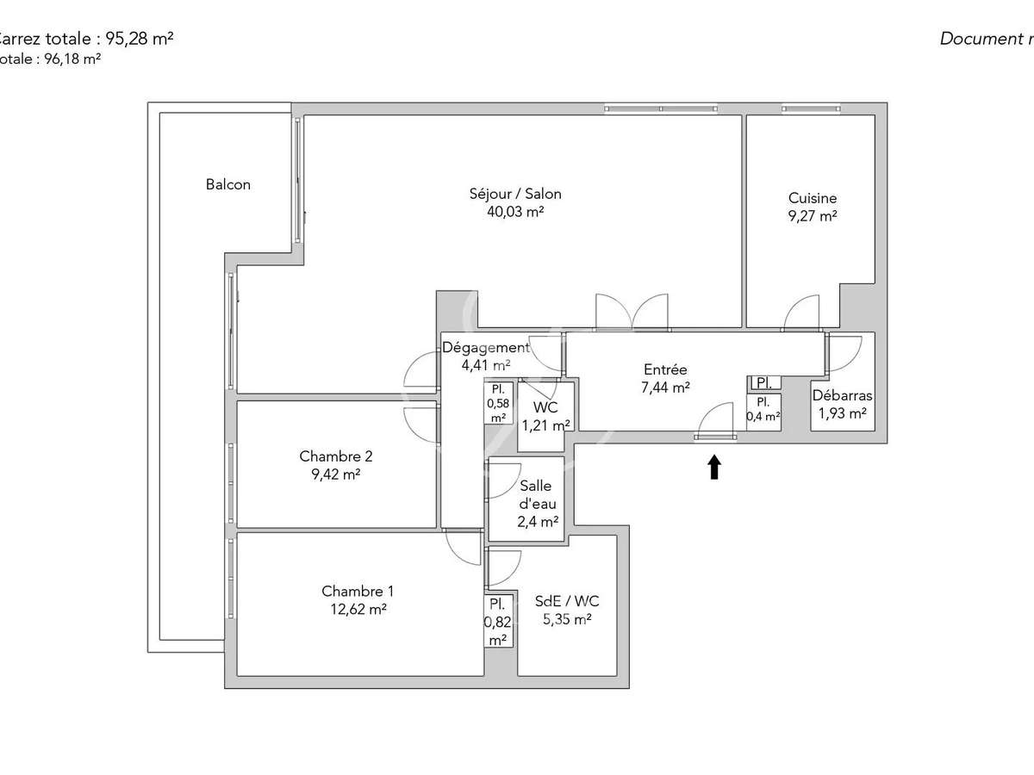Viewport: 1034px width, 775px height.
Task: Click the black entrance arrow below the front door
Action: (713, 467)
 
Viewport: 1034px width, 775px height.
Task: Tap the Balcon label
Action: (228, 184)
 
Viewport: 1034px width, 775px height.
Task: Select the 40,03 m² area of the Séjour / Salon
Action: (515, 212)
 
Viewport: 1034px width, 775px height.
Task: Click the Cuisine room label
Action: (812, 198)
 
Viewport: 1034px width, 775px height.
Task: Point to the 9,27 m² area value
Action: (812, 217)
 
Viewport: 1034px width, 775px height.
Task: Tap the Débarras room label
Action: (842, 396)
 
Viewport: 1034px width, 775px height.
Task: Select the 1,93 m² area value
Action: (842, 414)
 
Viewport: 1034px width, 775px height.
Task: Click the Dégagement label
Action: (485, 348)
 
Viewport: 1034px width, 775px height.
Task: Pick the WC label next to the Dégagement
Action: (545, 407)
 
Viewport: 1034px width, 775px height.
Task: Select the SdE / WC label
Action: (567, 601)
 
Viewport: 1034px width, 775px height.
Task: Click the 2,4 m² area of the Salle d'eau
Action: (537, 521)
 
